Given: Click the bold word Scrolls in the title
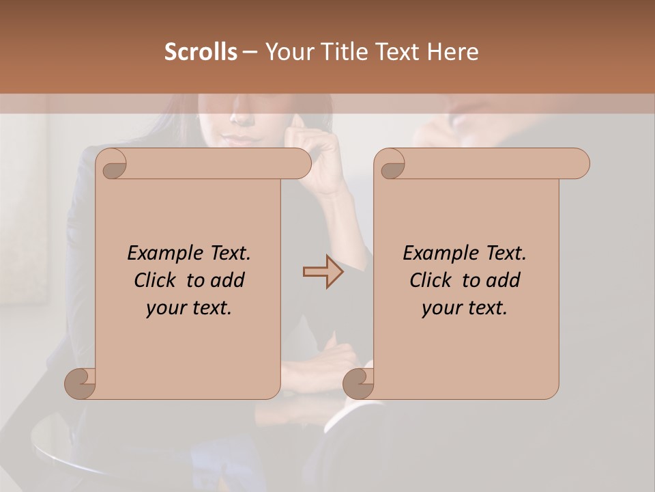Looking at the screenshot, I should pyautogui.click(x=201, y=52).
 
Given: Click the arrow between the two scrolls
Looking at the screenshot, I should pyautogui.click(x=323, y=272).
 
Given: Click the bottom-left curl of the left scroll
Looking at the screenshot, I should pyautogui.click(x=80, y=384).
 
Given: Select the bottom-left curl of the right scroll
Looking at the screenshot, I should pyautogui.click(x=358, y=384).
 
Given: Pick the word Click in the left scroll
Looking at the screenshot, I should pyautogui.click(x=156, y=280).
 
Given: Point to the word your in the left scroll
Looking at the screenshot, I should pyautogui.click(x=164, y=308).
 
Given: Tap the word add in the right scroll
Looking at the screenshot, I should pyautogui.click(x=504, y=280).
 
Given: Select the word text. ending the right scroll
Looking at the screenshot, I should pyautogui.click(x=485, y=308).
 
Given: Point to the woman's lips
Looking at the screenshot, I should pyautogui.click(x=244, y=140).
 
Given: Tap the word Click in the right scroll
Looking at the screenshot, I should pyautogui.click(x=431, y=280).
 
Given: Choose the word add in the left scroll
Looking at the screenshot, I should pyautogui.click(x=228, y=280).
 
